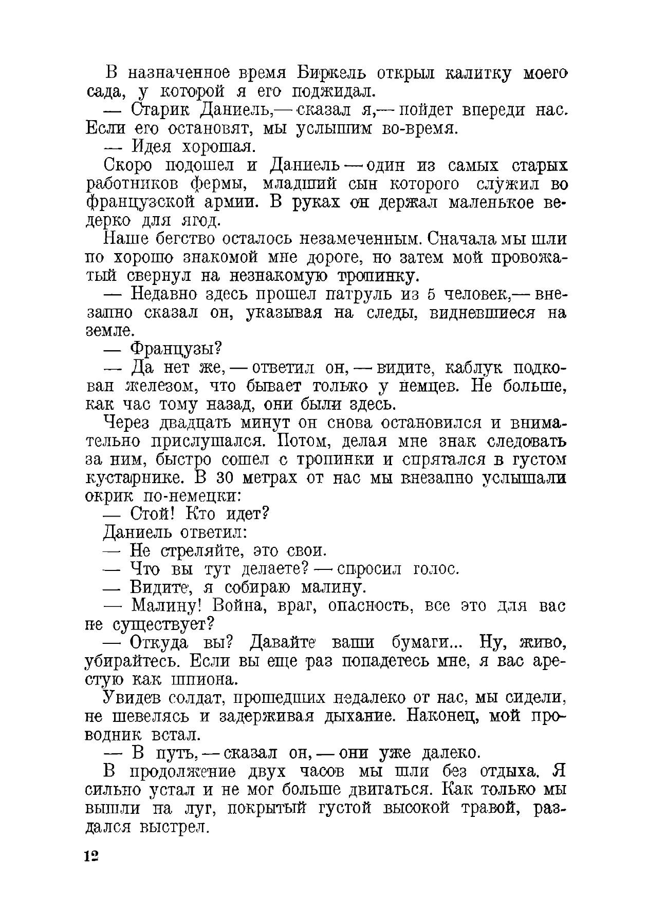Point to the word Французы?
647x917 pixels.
[x=176, y=349]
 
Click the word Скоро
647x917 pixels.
[x=128, y=166]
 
